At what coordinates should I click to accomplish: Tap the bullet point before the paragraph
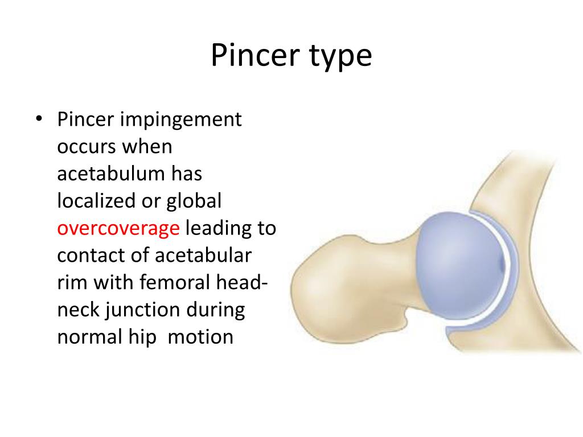coord(39,120)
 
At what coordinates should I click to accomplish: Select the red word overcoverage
coord(118,229)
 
